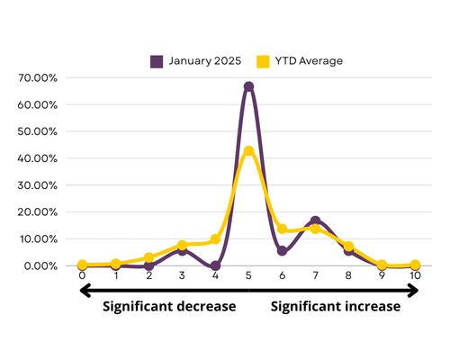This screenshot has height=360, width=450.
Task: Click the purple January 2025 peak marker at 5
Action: coord(248,86)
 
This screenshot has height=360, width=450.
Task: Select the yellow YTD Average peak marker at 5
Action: coord(248,150)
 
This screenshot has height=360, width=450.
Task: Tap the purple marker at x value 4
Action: coord(215,265)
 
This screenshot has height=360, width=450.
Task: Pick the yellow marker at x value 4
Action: coord(215,239)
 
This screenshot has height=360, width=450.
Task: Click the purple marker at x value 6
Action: coord(282,251)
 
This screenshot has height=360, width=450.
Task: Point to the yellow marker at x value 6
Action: coord(282,229)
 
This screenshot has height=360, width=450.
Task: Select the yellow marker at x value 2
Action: coord(149,257)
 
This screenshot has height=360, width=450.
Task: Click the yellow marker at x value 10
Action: coord(415,265)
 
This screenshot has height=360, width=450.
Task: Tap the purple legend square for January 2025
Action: coord(157,61)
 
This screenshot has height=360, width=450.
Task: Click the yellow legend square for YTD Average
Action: coord(263,61)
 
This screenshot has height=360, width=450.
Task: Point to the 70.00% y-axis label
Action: coord(38,78)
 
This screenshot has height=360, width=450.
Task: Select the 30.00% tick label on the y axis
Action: coord(38,185)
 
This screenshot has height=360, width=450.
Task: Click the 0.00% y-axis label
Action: coord(40,266)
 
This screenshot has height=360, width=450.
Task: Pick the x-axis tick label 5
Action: coord(248,275)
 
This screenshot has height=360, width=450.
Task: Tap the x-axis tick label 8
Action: coord(348,275)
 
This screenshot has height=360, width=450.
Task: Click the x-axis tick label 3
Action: coord(182,275)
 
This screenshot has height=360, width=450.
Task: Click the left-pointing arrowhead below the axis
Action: coord(85,291)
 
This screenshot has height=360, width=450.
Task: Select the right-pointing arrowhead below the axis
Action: coord(413,291)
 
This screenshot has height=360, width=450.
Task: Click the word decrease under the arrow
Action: coord(206,306)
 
